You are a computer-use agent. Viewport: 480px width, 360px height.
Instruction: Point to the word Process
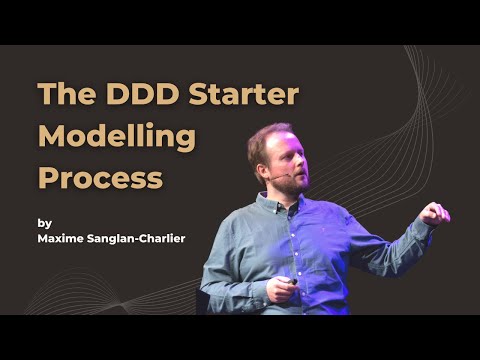pos(100,178)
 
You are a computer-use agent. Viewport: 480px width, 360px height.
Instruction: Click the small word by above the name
pos(44,223)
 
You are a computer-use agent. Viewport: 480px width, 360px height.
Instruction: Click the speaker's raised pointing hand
pos(434,212)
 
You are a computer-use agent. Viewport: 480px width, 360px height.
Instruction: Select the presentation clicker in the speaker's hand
pos(292,282)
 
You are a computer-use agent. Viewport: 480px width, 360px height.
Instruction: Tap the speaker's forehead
pos(283,139)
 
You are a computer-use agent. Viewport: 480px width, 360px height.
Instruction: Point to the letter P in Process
pos(48,178)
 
